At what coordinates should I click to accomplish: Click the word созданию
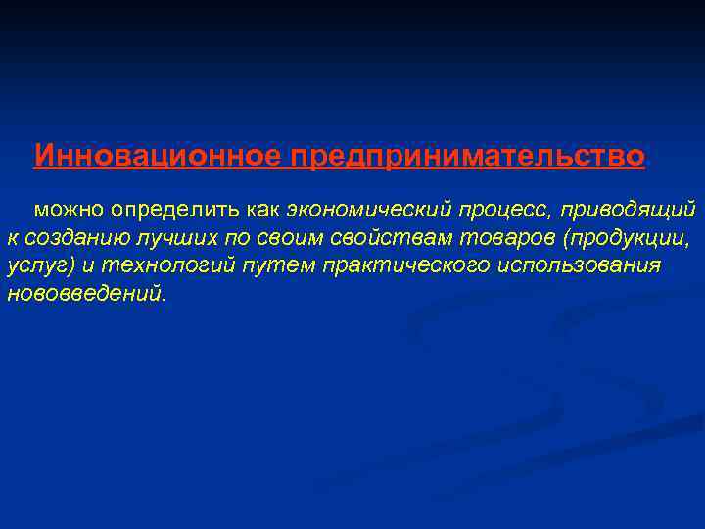[69, 239]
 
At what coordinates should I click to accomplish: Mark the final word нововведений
[86, 294]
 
